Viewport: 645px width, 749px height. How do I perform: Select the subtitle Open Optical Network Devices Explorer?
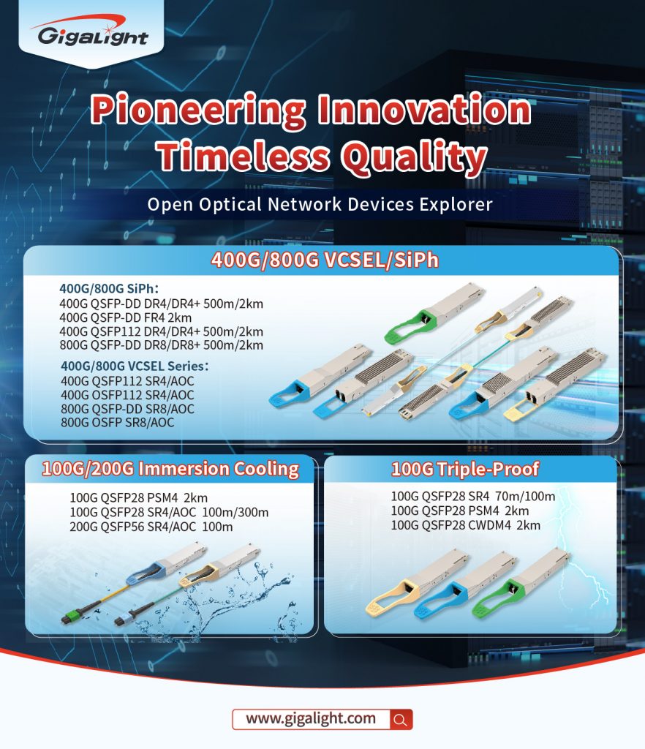(320, 205)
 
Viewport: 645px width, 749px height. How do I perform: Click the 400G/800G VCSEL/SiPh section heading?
(325, 260)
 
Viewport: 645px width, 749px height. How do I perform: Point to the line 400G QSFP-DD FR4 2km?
(126, 317)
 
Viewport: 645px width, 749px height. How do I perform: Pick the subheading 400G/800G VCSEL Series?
(135, 366)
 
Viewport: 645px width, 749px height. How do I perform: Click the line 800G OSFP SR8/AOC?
(118, 422)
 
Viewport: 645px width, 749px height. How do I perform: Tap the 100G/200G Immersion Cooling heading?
(170, 469)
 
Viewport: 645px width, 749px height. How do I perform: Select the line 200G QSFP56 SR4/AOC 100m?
(151, 527)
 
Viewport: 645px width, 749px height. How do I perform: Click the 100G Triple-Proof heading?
(465, 470)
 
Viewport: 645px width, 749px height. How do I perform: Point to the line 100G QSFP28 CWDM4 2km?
(466, 525)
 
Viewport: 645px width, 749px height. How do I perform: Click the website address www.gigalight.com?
(311, 718)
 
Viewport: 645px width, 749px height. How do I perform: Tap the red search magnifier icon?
(401, 720)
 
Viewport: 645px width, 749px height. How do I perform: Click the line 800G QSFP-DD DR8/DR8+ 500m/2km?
(162, 345)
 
